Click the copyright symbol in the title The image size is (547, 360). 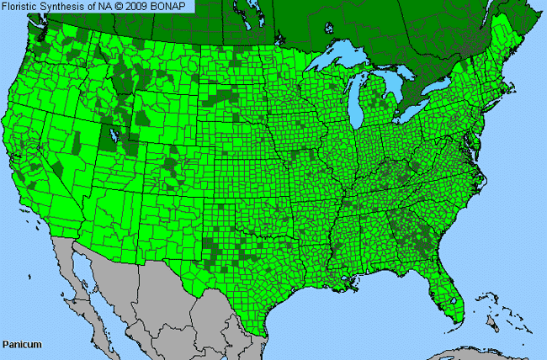[x=124, y=7]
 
